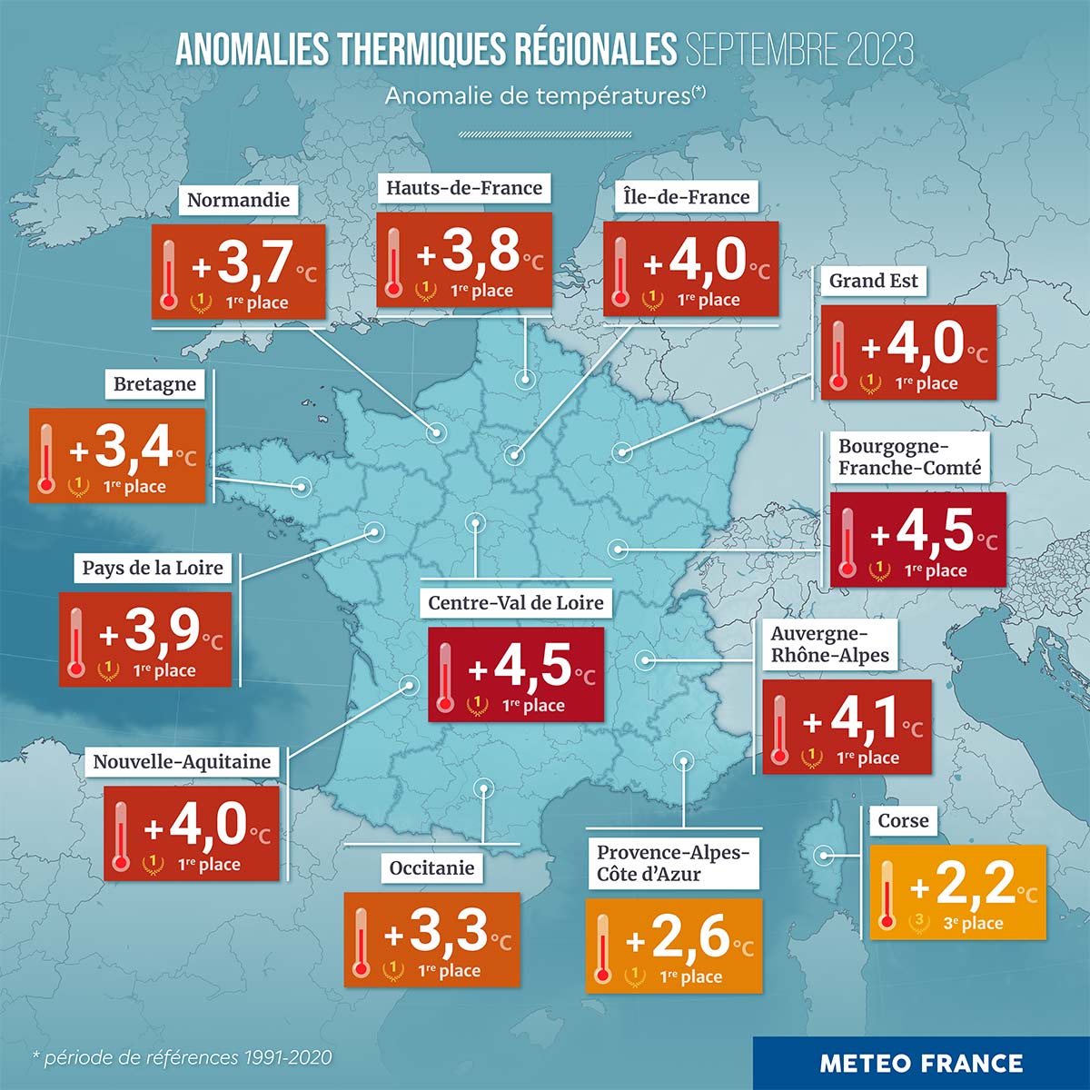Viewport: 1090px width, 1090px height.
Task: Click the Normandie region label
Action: (238, 200)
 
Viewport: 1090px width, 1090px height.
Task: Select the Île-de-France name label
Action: (687, 197)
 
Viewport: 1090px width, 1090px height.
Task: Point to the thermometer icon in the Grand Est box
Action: (837, 354)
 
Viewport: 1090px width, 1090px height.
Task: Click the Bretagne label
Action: (154, 384)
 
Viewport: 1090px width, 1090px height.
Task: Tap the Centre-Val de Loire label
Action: (515, 603)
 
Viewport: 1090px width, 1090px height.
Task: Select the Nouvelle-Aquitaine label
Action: (182, 761)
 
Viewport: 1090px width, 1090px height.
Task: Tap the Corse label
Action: (903, 821)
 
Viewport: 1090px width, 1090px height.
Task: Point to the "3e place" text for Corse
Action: (973, 924)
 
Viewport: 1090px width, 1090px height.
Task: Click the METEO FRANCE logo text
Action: (921, 1063)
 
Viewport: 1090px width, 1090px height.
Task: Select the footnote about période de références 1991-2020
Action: (182, 1057)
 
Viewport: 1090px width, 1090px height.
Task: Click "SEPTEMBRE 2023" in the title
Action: (799, 51)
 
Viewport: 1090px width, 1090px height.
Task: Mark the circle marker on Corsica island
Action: (825, 855)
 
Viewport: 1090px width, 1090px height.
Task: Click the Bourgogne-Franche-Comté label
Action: (909, 457)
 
